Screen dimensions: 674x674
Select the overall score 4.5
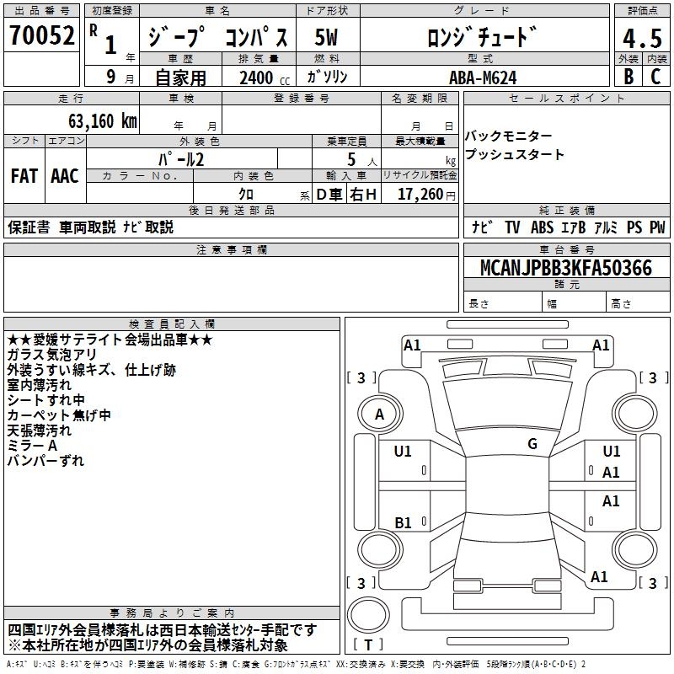click(x=642, y=39)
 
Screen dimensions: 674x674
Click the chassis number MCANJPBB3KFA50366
click(x=565, y=268)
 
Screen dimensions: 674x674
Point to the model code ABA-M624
click(x=482, y=77)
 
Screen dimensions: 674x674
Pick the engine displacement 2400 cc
click(x=262, y=78)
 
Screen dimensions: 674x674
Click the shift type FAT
click(x=24, y=175)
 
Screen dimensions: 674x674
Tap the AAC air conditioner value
click(x=65, y=175)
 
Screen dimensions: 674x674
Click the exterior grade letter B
click(x=629, y=77)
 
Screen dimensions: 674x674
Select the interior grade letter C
click(x=655, y=77)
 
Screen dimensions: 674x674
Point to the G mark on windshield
click(x=532, y=444)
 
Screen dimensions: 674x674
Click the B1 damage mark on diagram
click(x=404, y=523)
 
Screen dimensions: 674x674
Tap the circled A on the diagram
click(x=380, y=415)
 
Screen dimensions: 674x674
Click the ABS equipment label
click(x=543, y=227)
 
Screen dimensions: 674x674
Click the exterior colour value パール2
click(x=181, y=158)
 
